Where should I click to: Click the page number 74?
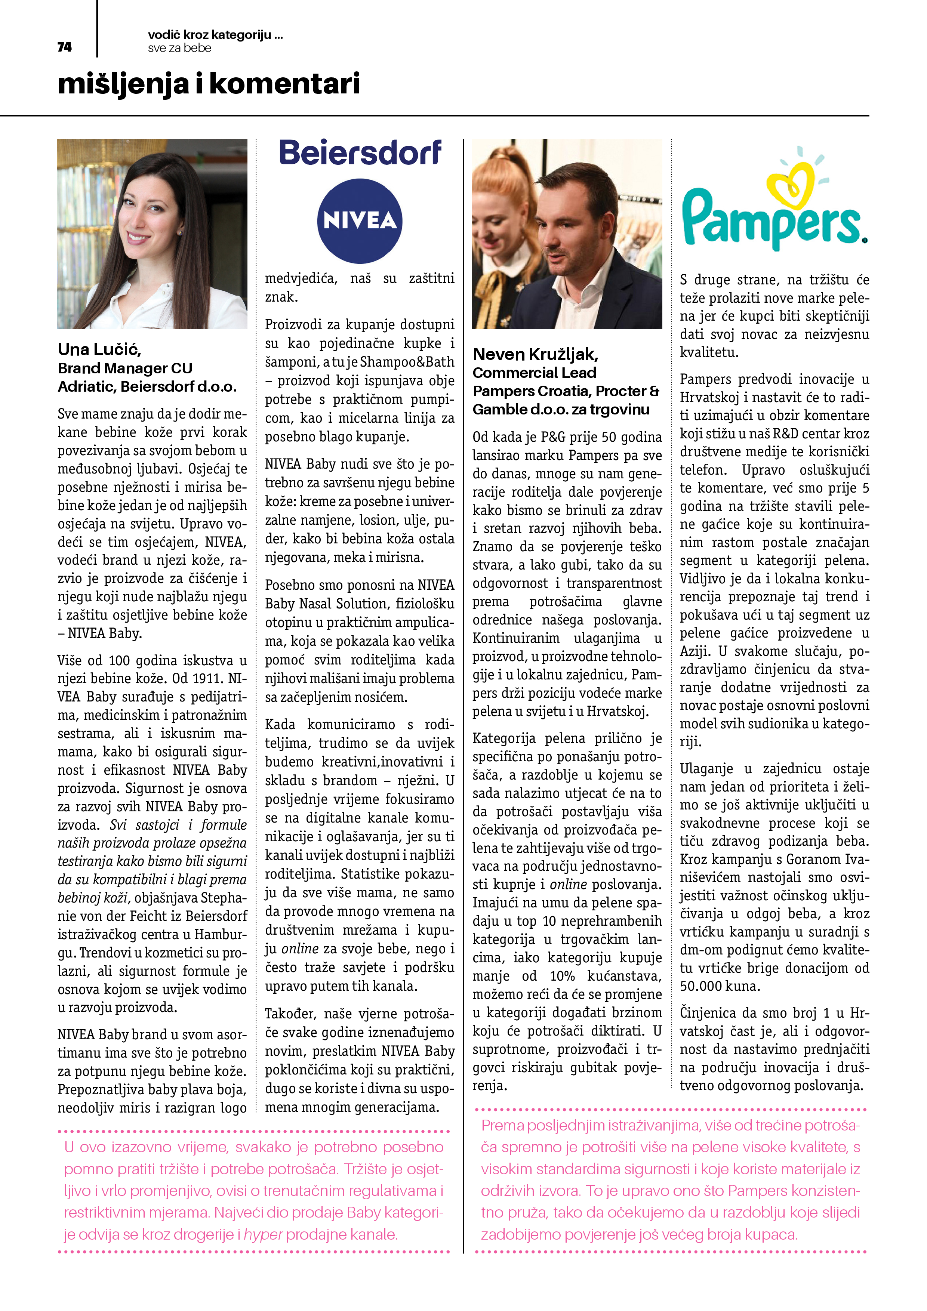65,47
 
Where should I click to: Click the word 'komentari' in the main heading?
285,84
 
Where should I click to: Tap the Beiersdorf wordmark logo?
360,153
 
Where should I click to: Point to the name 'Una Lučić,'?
99,349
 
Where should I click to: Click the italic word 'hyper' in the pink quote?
263,1234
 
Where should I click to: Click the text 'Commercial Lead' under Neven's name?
534,373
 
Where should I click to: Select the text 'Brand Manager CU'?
125,368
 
